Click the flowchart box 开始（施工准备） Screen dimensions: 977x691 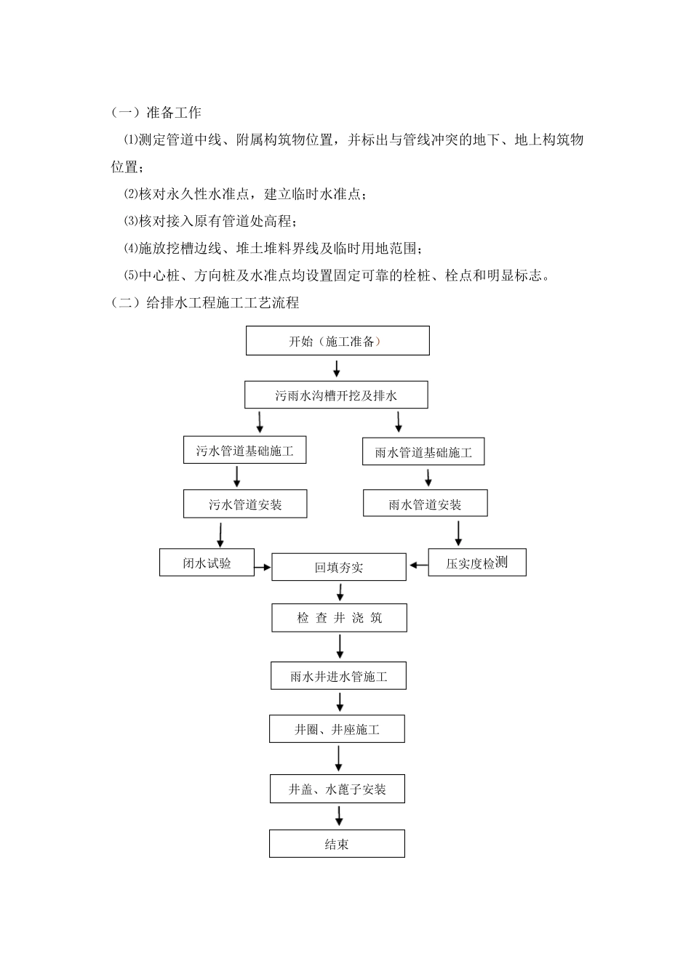[337, 341]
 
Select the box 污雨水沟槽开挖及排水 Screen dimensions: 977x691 [336, 395]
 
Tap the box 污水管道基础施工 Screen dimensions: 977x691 [244, 451]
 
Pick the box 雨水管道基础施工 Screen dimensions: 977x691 [423, 452]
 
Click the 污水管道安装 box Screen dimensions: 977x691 [245, 504]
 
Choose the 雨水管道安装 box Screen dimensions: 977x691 [425, 504]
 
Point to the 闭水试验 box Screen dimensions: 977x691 [207, 563]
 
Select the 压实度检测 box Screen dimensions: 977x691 [476, 563]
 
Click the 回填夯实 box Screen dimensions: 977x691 [338, 568]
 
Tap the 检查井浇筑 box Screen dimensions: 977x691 [339, 618]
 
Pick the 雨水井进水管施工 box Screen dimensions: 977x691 [338, 676]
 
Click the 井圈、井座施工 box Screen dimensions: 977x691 [337, 729]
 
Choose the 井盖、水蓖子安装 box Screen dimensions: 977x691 [337, 789]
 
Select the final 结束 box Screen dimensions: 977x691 [337, 844]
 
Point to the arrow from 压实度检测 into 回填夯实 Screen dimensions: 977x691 [418, 564]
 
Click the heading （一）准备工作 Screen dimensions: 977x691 [156, 113]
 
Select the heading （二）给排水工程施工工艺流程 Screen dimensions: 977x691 [205, 303]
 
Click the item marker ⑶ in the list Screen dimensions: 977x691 [130, 221]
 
